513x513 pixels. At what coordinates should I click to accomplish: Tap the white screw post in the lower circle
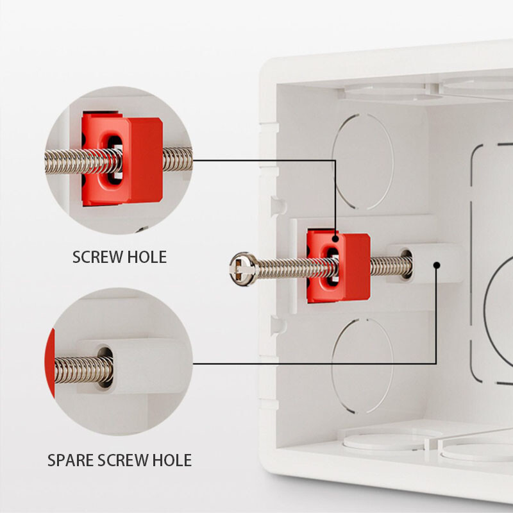141,366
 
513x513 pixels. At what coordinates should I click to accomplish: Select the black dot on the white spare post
436,264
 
